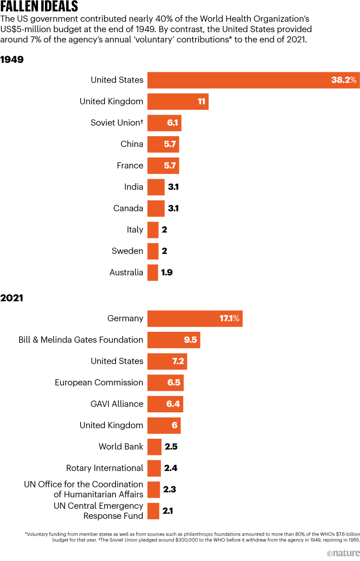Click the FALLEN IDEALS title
click(39, 7)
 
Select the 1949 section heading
click(12, 60)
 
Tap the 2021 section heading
click(12, 298)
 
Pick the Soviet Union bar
click(164, 123)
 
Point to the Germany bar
click(195, 318)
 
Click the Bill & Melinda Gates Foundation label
click(81, 340)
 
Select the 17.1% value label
click(232, 318)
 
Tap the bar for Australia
click(152, 272)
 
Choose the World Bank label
click(121, 447)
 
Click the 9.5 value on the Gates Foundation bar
click(190, 340)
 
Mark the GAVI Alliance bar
click(165, 404)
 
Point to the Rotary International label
click(105, 468)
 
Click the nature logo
click(342, 553)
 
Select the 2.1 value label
click(168, 511)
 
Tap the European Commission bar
click(165, 383)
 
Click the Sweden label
click(128, 251)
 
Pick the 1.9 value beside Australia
click(167, 272)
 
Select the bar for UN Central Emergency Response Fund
click(153, 511)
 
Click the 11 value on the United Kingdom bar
click(201, 102)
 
